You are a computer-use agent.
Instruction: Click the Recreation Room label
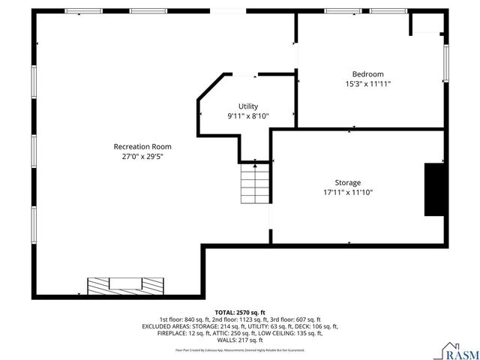tap(142, 146)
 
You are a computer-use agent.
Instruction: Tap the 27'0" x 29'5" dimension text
tap(142, 157)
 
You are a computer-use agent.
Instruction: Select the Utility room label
tap(247, 106)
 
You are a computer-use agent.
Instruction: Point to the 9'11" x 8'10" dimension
tap(247, 116)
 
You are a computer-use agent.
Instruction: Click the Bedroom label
tap(367, 74)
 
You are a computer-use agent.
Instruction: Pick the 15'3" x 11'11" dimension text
tap(367, 84)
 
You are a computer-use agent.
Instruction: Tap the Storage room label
tap(347, 182)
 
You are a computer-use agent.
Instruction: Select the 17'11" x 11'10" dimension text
tap(347, 193)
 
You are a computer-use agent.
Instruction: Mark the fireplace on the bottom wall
tap(125, 286)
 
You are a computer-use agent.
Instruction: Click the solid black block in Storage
tap(433, 189)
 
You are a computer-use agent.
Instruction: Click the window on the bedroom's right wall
tap(445, 64)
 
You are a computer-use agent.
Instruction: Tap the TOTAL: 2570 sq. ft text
tap(239, 312)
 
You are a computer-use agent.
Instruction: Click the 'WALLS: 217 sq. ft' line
tap(239, 340)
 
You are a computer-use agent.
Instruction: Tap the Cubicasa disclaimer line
tap(239, 349)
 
